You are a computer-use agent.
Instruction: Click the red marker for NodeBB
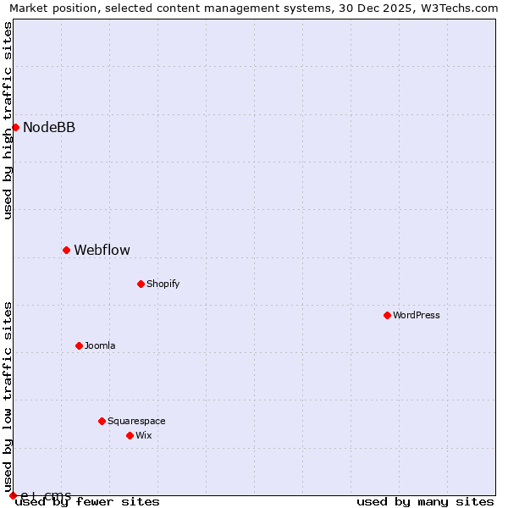[x=15, y=127]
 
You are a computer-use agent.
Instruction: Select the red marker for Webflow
[x=66, y=250]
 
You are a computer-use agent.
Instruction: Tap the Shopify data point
[x=141, y=284]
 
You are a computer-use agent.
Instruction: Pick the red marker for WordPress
[x=387, y=315]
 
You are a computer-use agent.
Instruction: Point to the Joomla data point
[x=79, y=345]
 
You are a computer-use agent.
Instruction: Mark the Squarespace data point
[x=102, y=421]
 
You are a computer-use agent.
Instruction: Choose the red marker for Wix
[x=130, y=435]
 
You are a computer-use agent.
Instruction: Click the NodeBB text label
[x=49, y=128]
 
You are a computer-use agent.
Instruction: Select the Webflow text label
[x=102, y=250]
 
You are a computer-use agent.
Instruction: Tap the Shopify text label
[x=163, y=284]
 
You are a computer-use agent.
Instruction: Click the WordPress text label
[x=416, y=316]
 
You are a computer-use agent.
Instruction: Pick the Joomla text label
[x=100, y=346]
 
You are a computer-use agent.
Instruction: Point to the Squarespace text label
[x=136, y=422]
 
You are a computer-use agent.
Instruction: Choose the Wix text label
[x=143, y=436]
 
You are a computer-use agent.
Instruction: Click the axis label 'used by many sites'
[x=425, y=501]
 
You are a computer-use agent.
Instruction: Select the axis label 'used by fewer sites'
[x=87, y=501]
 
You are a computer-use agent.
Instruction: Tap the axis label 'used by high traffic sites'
[x=8, y=120]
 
